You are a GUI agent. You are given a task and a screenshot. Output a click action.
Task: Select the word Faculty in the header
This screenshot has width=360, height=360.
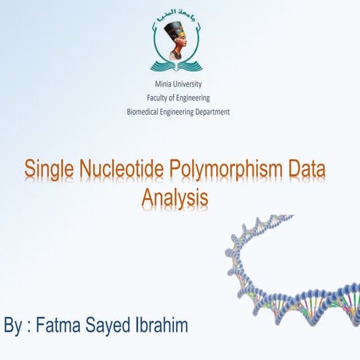tap(159, 97)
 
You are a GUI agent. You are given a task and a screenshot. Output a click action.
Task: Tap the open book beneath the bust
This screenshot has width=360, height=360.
tap(178, 65)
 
